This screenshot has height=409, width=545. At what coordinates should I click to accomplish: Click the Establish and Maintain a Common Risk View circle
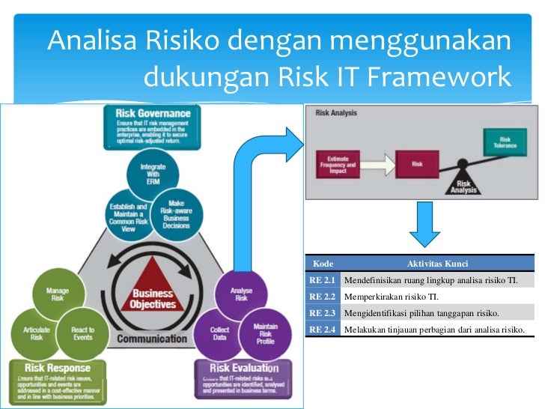coord(127,216)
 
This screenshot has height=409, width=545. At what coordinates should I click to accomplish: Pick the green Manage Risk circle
coord(58,295)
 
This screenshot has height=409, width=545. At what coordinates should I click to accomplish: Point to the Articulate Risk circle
coord(33,333)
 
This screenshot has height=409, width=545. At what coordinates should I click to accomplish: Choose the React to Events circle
coord(82,333)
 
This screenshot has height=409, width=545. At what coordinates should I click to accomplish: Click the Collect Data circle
coord(219,333)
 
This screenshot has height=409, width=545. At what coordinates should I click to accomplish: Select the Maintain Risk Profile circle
coord(265,333)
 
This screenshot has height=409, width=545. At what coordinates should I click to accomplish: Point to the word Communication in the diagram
coord(151,338)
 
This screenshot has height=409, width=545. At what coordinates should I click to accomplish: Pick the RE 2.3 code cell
coord(323,312)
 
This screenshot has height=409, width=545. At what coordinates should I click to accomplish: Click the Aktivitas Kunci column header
coord(436,264)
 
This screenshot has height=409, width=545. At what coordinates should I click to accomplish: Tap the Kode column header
coord(323,264)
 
